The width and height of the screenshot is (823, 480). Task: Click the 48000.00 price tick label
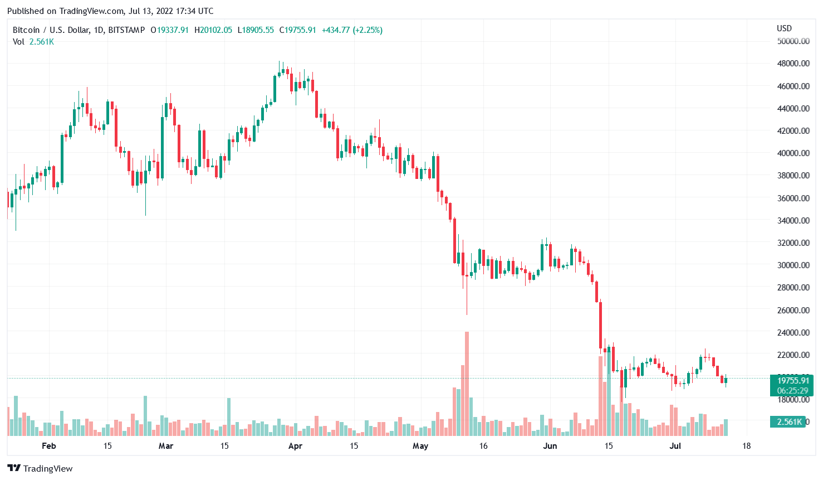(x=793, y=64)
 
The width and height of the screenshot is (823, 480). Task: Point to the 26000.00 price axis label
(x=793, y=310)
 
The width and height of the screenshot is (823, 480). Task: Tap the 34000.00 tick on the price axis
(x=793, y=220)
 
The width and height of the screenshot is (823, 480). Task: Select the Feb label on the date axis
(x=49, y=445)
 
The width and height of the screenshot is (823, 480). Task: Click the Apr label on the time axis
(x=295, y=445)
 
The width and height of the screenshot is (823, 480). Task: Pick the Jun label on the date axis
(x=550, y=445)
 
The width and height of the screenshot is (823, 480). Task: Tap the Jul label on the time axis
(x=675, y=445)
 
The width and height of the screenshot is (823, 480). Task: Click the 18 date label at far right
(x=746, y=445)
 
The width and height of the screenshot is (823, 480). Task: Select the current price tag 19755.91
(x=792, y=381)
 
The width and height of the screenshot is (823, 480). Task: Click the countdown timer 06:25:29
(x=792, y=391)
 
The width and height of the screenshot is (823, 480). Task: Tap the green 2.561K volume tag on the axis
(x=789, y=421)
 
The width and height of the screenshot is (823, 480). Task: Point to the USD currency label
(x=784, y=28)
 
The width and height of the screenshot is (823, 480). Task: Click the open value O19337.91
(x=170, y=30)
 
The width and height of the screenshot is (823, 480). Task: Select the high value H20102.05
(x=213, y=30)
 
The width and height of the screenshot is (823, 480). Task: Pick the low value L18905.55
(x=256, y=30)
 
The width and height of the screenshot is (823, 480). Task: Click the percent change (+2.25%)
(x=368, y=30)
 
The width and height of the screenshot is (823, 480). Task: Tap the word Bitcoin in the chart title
(x=26, y=30)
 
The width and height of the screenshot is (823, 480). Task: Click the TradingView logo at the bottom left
(x=40, y=468)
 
